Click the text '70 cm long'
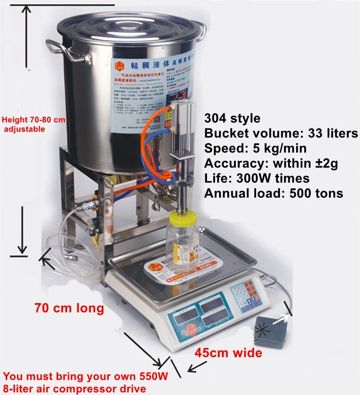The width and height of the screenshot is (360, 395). click(69, 309)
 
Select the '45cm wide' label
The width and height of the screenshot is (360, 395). click(228, 353)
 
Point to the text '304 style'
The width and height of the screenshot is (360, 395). click(232, 118)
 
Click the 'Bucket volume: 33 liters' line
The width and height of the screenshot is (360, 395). click(281, 133)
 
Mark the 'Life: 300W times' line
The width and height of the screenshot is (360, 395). click(257, 178)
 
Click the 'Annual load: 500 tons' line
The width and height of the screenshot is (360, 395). click(274, 193)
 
